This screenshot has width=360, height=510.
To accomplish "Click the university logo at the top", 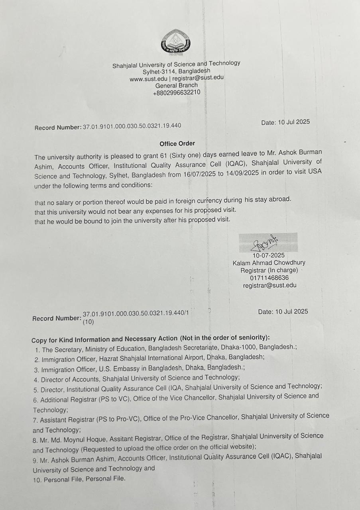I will pyautogui.click(x=175, y=43).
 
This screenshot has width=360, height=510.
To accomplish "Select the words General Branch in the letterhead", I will pyautogui.click(x=177, y=85).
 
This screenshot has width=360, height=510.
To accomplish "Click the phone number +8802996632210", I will pyautogui.click(x=177, y=93).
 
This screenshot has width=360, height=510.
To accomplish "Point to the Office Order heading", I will pyautogui.click(x=177, y=143).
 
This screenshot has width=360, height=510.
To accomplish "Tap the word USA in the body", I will pyautogui.click(x=314, y=171).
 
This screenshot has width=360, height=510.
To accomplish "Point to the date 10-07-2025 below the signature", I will pyautogui.click(x=269, y=255).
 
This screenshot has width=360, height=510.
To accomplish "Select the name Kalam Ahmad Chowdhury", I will pyautogui.click(x=269, y=263).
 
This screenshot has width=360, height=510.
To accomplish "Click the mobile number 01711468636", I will pyautogui.click(x=269, y=278).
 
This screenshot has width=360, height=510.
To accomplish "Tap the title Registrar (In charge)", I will pyautogui.click(x=269, y=270).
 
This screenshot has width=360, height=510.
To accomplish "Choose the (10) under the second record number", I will pyautogui.click(x=88, y=322).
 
